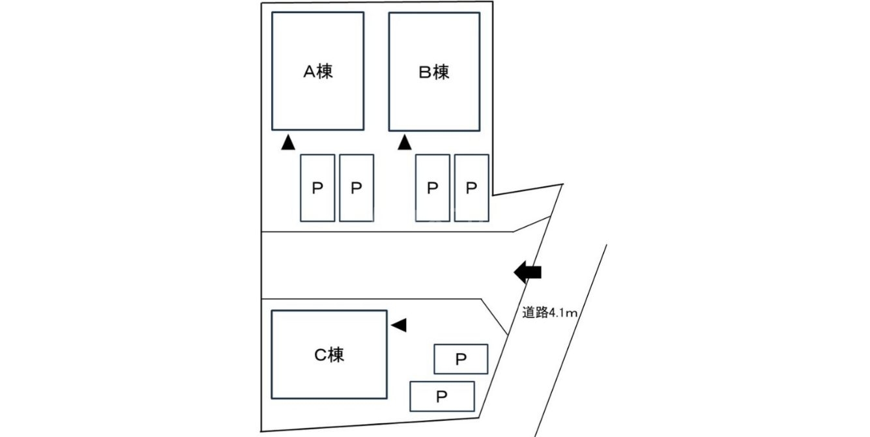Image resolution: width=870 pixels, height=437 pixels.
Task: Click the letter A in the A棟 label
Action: click(x=310, y=72)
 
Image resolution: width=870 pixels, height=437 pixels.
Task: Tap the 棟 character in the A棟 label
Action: click(x=325, y=72)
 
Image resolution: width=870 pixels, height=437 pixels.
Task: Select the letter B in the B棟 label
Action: click(x=426, y=72)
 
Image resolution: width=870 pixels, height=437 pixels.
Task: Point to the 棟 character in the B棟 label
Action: click(x=441, y=72)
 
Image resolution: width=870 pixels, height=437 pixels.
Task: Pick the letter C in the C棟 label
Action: click(x=321, y=355)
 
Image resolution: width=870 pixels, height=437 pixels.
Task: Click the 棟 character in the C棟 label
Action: click(x=336, y=355)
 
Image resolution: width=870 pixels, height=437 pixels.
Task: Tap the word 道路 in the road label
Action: click(x=534, y=313)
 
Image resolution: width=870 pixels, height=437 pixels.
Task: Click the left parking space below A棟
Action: click(x=317, y=188)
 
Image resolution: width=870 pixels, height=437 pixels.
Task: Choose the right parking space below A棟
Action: click(x=356, y=188)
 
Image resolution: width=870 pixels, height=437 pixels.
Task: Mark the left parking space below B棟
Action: click(x=433, y=188)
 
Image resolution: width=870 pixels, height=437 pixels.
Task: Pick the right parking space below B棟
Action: click(x=471, y=188)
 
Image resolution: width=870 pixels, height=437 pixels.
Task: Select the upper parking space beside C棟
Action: click(x=461, y=359)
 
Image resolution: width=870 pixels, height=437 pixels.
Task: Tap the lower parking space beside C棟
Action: click(x=442, y=396)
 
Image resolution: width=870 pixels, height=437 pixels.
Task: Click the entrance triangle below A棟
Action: click(x=288, y=143)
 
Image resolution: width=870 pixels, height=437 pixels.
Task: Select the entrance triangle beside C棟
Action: click(x=399, y=324)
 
